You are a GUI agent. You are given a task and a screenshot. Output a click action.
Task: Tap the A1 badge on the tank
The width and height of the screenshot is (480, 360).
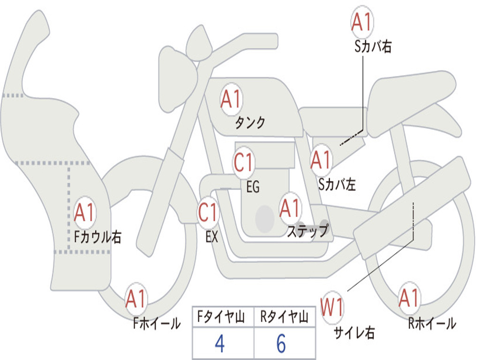pos(232,99)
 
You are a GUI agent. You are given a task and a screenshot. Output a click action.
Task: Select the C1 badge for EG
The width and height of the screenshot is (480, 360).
pos(244,163)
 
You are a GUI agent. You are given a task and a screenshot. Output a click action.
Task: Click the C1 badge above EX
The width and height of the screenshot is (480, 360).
pos(208,212)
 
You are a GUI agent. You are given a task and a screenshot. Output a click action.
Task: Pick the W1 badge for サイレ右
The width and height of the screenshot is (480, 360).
pos(332,307)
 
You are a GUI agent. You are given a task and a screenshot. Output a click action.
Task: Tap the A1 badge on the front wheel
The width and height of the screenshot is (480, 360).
pos(136,299)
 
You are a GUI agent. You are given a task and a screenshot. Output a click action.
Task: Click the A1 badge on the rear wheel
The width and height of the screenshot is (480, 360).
pos(409,298)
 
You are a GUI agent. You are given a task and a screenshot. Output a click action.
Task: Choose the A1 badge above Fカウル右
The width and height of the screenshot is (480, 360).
pos(84,212)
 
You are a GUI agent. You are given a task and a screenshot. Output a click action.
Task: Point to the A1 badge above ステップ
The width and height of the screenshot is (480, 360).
pos(290,208)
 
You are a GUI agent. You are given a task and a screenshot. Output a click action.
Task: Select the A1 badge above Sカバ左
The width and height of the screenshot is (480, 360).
pos(321,160)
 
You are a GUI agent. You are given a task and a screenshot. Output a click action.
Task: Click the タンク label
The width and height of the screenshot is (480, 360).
pos(250,122)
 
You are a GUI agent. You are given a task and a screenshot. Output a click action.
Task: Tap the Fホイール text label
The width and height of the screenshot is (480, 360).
pos(157,323)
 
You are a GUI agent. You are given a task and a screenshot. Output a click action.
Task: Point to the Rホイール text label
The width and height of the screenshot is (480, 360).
pos(432,323)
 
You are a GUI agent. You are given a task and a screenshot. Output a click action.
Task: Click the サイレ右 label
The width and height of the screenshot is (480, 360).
pos(354,332)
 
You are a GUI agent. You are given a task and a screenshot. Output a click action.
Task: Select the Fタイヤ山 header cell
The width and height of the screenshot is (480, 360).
pos(223,317)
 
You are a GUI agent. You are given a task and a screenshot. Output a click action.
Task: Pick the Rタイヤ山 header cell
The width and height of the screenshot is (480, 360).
pos(285,317)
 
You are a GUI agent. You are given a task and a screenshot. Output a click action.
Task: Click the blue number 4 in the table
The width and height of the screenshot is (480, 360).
pos(220,344)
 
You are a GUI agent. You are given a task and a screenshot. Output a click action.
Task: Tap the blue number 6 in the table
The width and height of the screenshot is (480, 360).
pos(281,344)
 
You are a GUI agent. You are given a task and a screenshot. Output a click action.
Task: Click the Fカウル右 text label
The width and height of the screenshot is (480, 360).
pos(98,237)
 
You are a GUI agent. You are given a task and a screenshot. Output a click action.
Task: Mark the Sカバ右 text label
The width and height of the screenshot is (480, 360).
pos(373,46)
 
